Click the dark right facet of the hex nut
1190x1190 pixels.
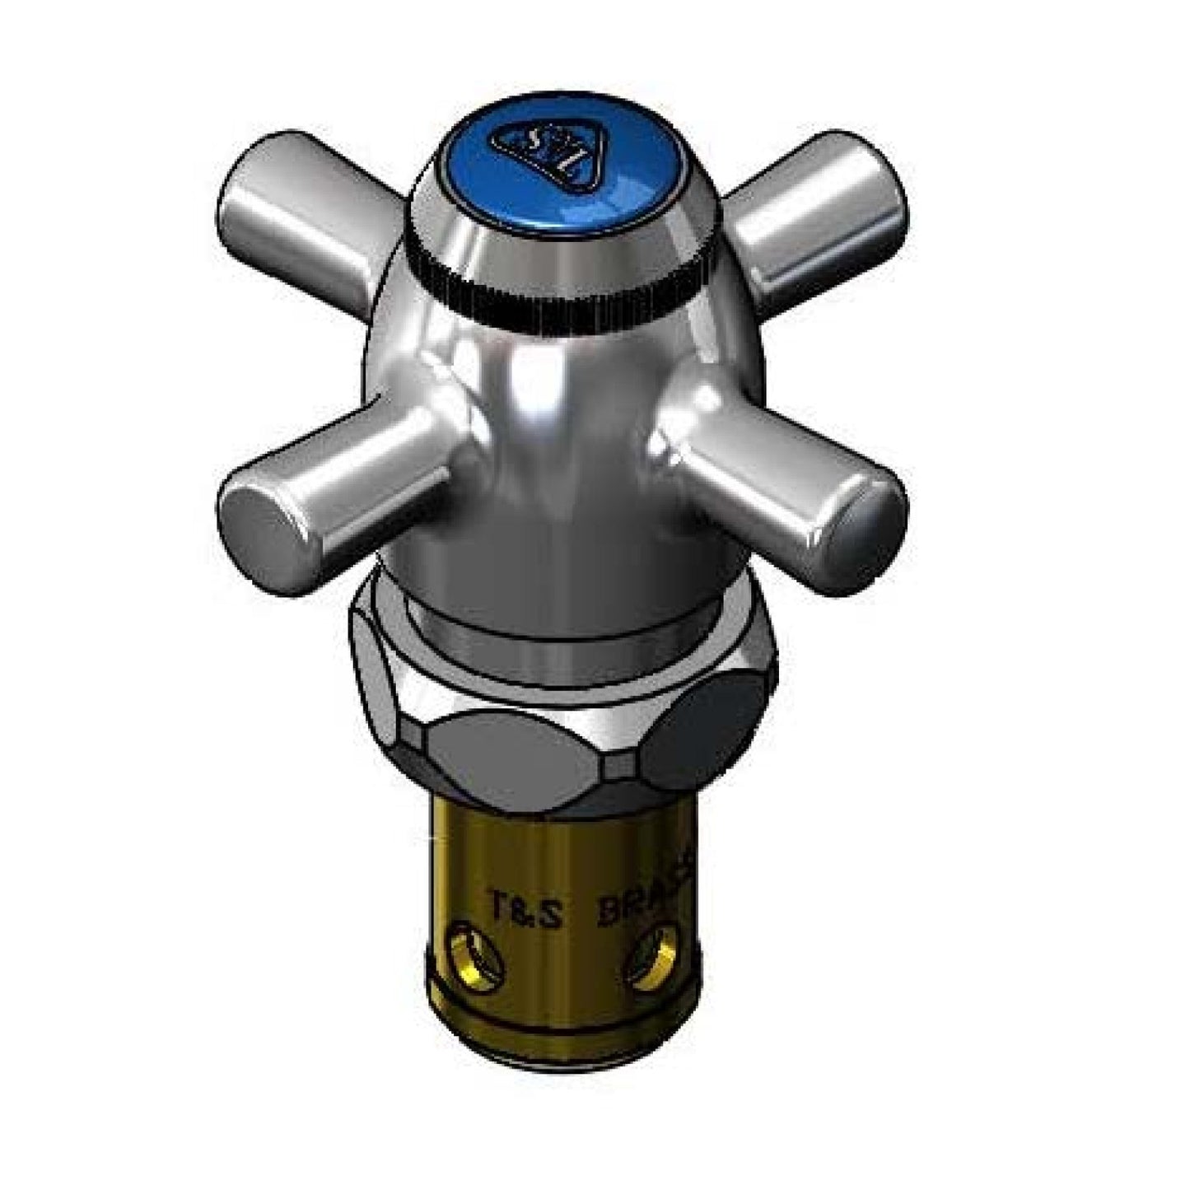(704, 725)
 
